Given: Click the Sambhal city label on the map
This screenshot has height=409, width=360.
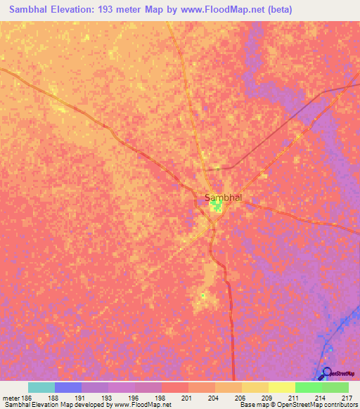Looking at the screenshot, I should pos(223,197).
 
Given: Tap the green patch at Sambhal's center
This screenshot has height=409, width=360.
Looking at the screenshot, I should pos(217,206).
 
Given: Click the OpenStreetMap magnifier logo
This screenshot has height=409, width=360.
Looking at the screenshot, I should pos(327,372).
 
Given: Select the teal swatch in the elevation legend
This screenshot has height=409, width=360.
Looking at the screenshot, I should pos(41,387).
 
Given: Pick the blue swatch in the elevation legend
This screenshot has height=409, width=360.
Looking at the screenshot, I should pos(68,387).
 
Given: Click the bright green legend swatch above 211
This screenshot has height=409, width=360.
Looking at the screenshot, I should pos(309,387).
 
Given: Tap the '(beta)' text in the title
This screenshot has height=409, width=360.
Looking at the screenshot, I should pos(276,10).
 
